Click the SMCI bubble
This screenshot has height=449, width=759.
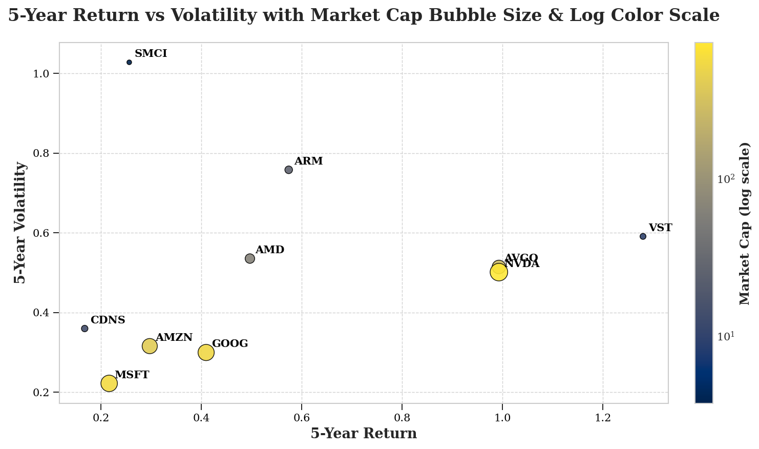pos(129,63)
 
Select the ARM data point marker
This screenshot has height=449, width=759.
pos(288,170)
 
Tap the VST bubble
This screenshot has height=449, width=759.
pos(643,236)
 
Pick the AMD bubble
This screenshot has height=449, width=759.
pos(250,259)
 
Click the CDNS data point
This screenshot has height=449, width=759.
pos(85,329)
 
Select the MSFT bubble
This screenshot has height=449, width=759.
pos(109,383)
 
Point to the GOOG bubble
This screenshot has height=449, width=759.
pos(206,353)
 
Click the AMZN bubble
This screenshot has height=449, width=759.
pos(150,346)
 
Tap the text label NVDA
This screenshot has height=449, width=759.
pos(522,264)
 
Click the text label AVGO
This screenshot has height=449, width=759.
pos(521,257)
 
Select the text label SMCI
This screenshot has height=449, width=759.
pos(151,54)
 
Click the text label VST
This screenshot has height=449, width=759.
pos(660,228)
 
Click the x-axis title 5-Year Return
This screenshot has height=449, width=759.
pos(364,434)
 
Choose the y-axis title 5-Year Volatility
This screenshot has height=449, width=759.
pos(20,222)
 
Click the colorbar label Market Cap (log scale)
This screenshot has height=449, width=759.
pos(745,223)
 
